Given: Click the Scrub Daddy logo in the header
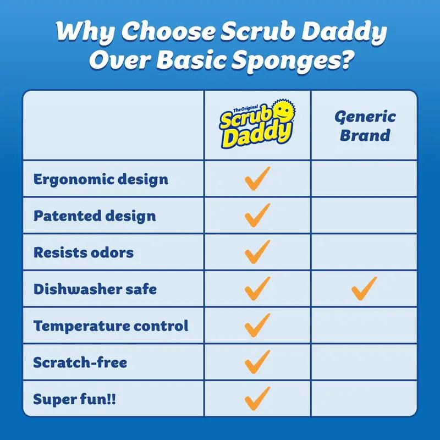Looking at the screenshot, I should [x=257, y=125].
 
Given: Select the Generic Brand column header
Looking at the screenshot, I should [x=365, y=125].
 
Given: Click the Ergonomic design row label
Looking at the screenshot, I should [x=101, y=179].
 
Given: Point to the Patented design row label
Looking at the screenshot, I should [x=95, y=216].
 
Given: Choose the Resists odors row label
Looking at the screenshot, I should [x=83, y=252].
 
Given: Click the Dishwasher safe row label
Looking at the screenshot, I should [x=95, y=289].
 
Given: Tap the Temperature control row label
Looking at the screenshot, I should [x=111, y=326].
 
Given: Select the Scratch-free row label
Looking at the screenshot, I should [x=80, y=362].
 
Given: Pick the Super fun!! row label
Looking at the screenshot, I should [x=74, y=399].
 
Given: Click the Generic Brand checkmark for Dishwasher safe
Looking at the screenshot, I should [x=364, y=288].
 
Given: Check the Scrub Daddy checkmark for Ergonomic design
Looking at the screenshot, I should [x=257, y=179].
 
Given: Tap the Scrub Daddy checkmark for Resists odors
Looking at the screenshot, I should [x=257, y=252].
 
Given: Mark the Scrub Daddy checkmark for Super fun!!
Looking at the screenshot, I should [x=257, y=398].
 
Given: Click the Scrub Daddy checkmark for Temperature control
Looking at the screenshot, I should [x=257, y=325].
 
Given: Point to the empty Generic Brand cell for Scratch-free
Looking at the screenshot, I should [x=364, y=362].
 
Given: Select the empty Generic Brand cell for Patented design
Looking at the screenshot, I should [x=364, y=216].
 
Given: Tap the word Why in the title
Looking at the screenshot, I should [x=85, y=32].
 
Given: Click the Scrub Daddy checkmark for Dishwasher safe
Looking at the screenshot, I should [x=257, y=288].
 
